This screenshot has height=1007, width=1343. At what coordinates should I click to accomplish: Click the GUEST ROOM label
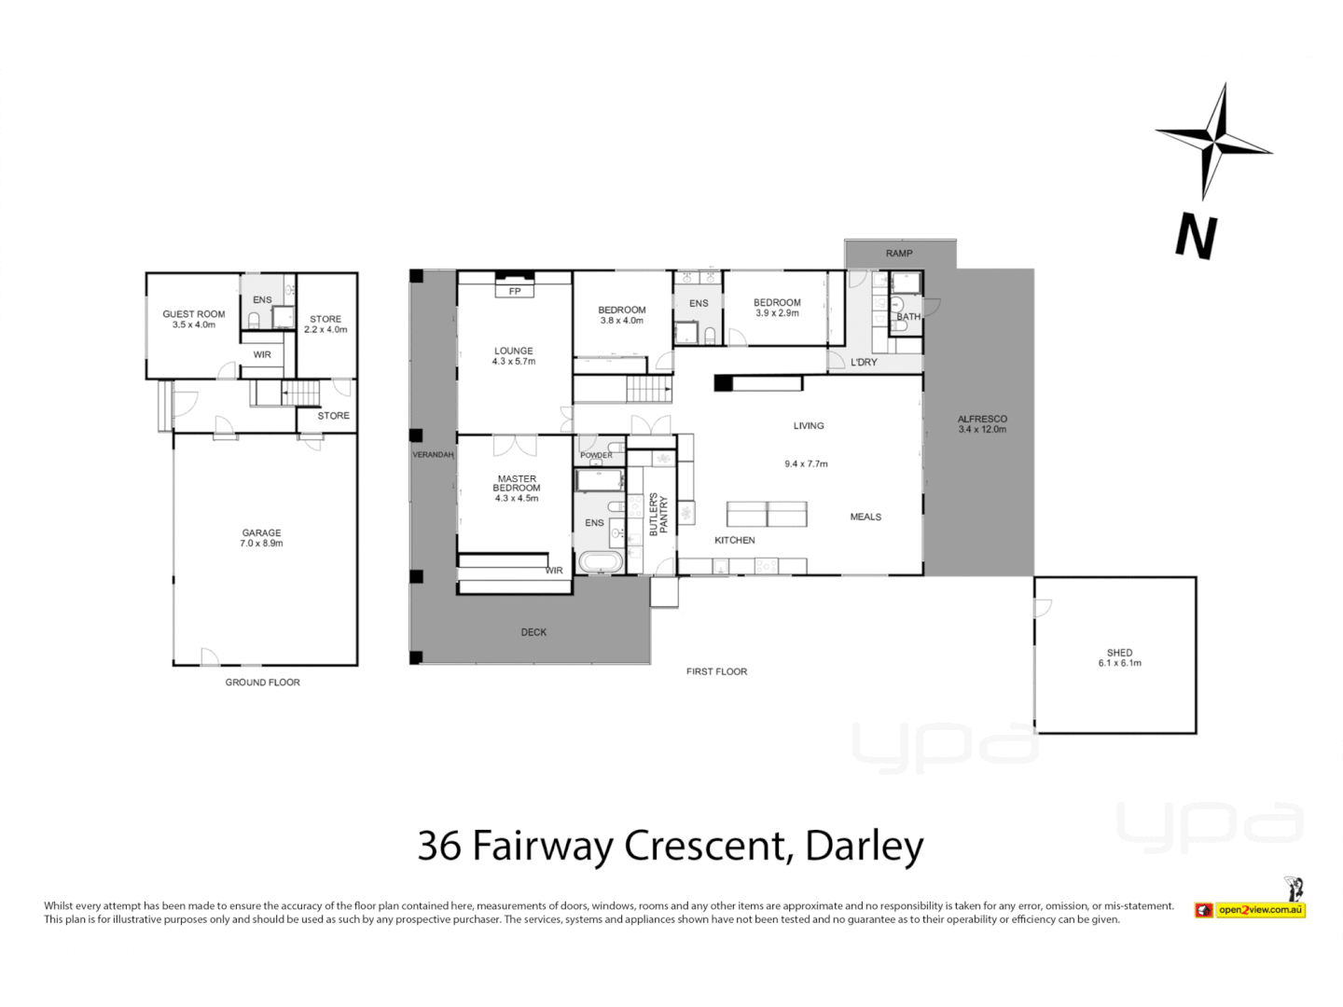pyautogui.click(x=194, y=314)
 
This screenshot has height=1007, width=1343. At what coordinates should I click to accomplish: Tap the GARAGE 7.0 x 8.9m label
pyautogui.click(x=261, y=538)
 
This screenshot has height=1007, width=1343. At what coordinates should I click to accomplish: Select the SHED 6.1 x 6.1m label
pyautogui.click(x=1119, y=657)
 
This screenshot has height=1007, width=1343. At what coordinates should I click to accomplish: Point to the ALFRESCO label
pyautogui.click(x=982, y=420)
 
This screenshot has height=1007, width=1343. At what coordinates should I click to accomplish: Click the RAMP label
pyautogui.click(x=899, y=254)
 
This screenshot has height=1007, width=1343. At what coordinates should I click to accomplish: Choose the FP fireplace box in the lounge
pyautogui.click(x=515, y=291)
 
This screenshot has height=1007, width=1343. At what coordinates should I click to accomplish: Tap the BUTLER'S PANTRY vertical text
pyautogui.click(x=658, y=514)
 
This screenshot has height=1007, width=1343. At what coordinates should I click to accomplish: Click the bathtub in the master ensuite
pyautogui.click(x=601, y=561)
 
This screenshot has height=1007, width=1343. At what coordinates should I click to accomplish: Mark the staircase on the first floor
pyautogui.click(x=648, y=389)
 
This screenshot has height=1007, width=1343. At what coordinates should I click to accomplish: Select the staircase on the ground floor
pyautogui.click(x=299, y=393)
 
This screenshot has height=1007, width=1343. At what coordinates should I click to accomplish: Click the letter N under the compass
pyautogui.click(x=1196, y=236)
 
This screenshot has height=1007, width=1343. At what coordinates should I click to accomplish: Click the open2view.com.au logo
pyautogui.click(x=1259, y=909)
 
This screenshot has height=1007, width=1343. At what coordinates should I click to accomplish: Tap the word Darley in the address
pyautogui.click(x=864, y=846)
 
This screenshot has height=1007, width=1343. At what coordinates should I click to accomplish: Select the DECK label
pyautogui.click(x=533, y=632)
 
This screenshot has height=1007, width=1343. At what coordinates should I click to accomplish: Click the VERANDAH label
pyautogui.click(x=433, y=455)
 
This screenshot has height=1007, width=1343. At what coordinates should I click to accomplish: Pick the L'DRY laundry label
pyautogui.click(x=864, y=362)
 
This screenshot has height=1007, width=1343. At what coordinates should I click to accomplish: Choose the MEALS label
pyautogui.click(x=865, y=517)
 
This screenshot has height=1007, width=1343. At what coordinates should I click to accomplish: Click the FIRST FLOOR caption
pyautogui.click(x=716, y=671)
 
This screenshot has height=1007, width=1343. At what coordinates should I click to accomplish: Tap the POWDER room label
pyautogui.click(x=597, y=455)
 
